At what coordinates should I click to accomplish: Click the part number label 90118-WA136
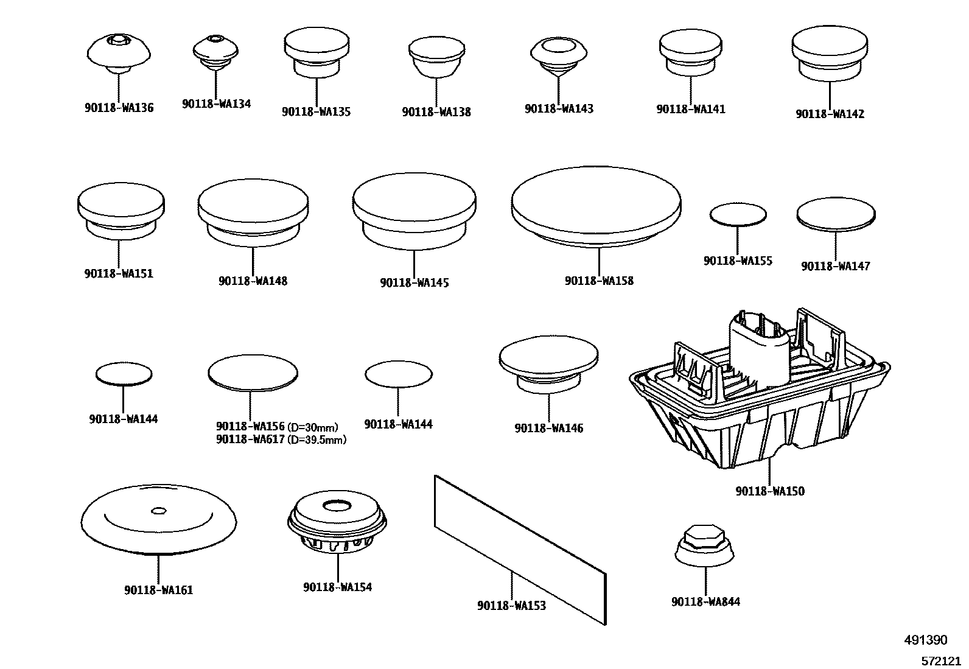point(119,108)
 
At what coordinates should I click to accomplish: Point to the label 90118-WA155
point(738,261)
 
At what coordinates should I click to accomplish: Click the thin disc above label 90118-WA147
point(836,214)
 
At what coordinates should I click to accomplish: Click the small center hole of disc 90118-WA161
point(158,510)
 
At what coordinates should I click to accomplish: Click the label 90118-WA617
point(250,439)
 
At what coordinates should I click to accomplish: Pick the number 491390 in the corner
point(925,640)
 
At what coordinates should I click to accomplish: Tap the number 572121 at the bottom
point(942,660)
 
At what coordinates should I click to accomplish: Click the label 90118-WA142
point(830,114)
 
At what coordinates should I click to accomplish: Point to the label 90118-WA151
point(119,274)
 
